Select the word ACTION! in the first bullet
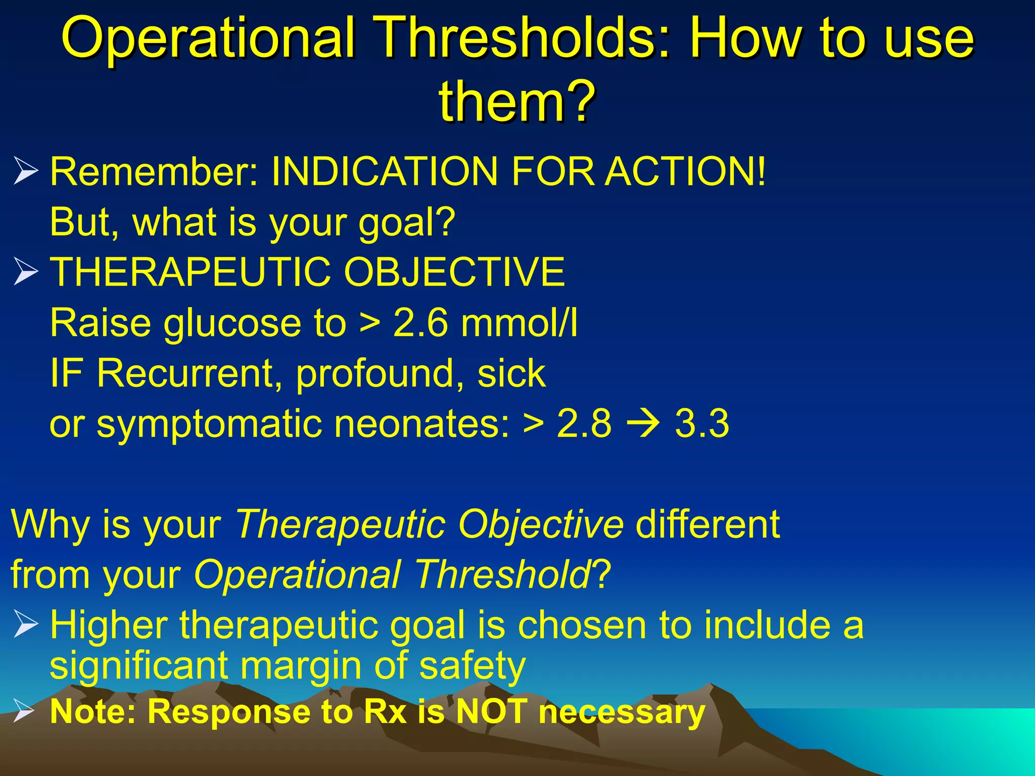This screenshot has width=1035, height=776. (686, 171)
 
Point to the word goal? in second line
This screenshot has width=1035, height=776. (407, 222)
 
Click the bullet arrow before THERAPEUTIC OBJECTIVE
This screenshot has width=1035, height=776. (25, 271)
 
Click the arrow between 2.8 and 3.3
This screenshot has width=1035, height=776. (643, 423)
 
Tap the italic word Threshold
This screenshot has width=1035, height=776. (503, 575)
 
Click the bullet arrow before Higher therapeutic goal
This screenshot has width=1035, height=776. (25, 624)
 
